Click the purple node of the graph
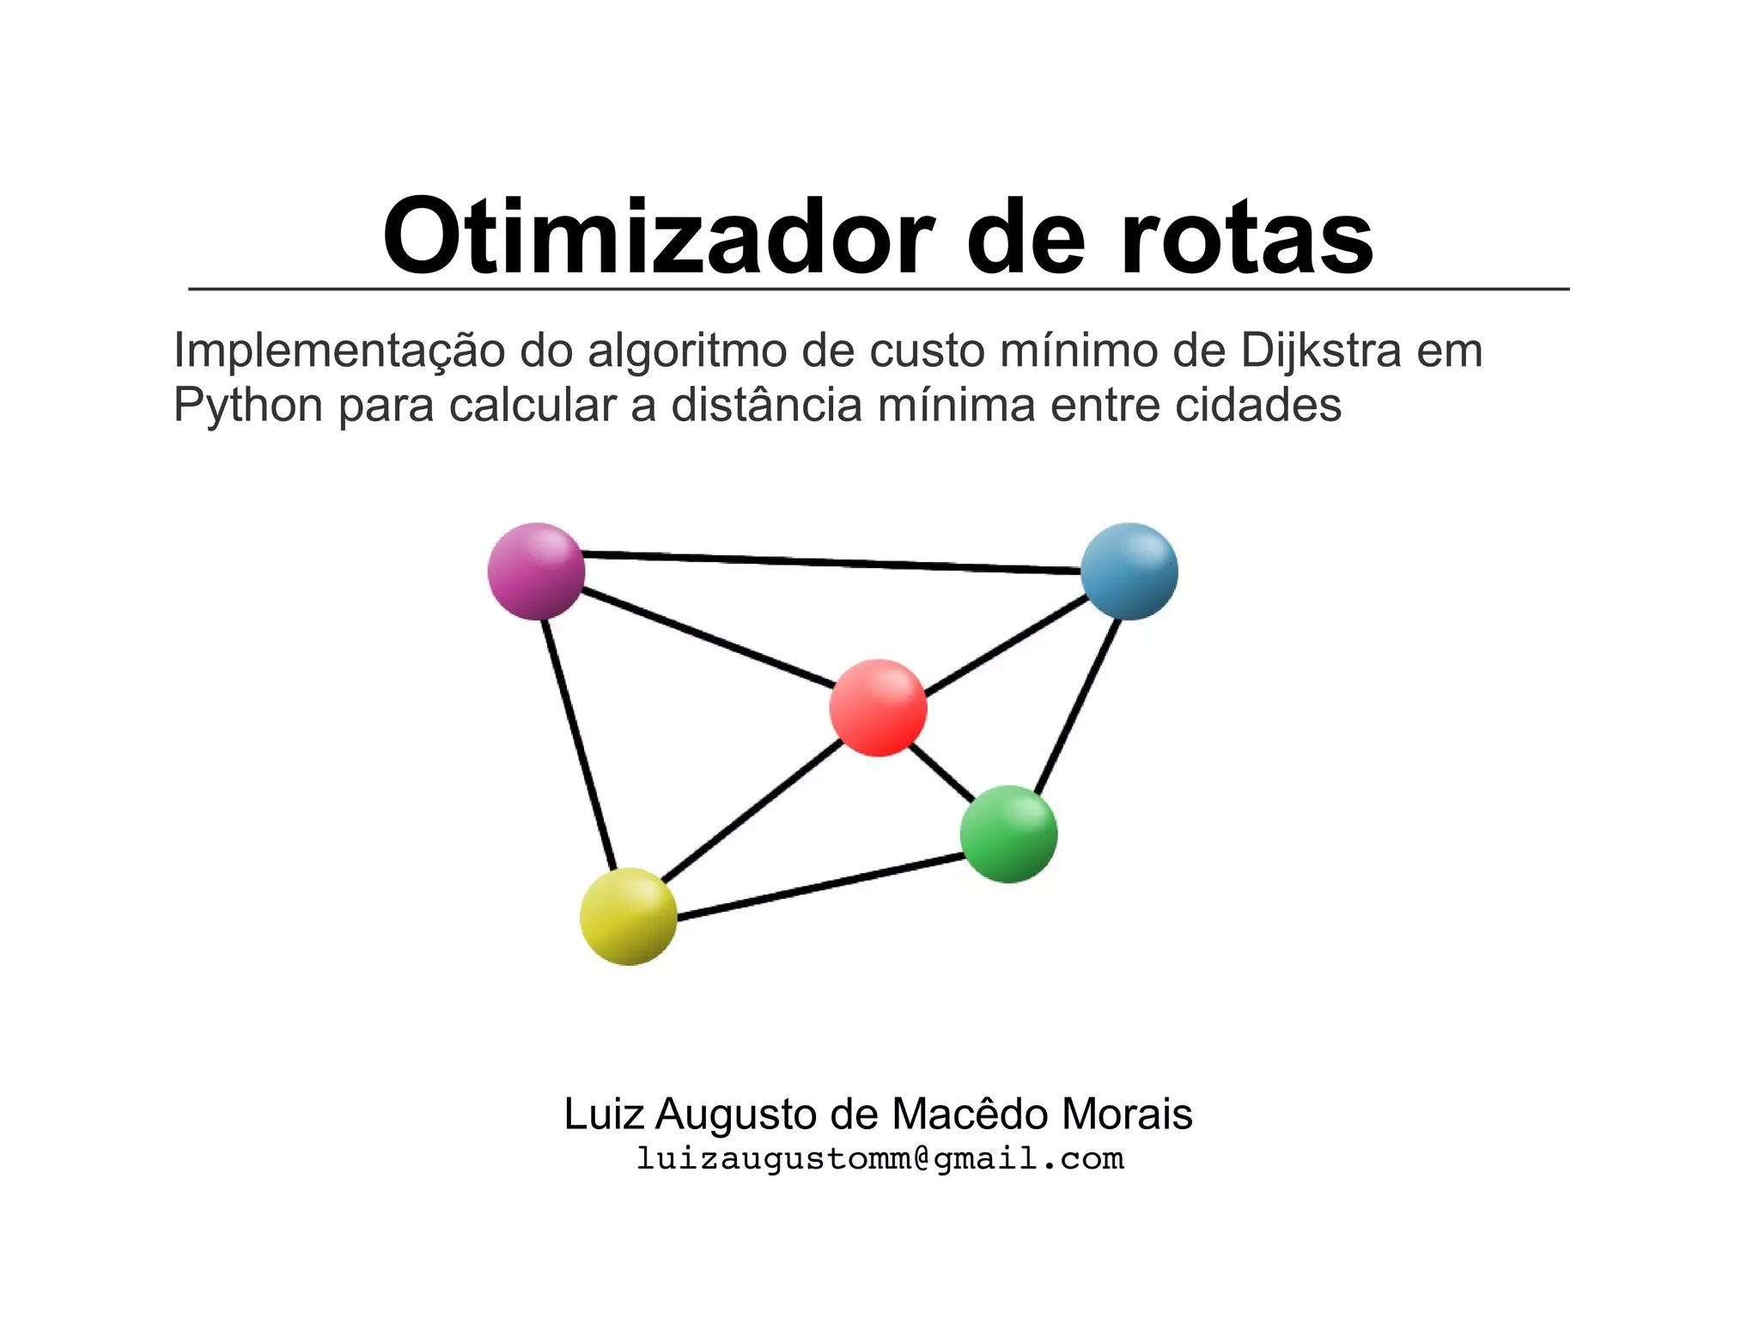point(536,571)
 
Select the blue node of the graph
point(1129,571)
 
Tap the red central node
point(878,708)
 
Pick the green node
point(1008,834)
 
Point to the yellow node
point(629,916)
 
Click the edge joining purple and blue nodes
point(831,563)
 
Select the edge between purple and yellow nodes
point(579,745)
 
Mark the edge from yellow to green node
point(820,887)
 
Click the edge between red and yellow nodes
point(752,811)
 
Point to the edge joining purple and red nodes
point(709,639)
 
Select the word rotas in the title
point(1246,237)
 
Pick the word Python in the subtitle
point(248,406)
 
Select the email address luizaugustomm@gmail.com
point(879,1158)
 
